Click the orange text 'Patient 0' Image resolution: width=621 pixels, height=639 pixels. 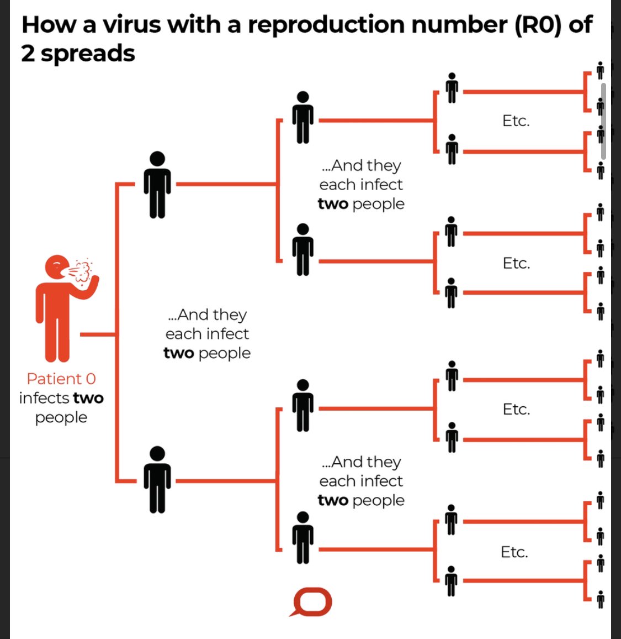pyautogui.click(x=61, y=379)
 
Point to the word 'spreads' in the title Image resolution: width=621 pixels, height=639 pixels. pyautogui.click(x=88, y=54)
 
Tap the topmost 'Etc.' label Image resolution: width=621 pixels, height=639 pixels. pyautogui.click(x=516, y=121)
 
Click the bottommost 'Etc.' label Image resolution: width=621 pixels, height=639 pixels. pyautogui.click(x=514, y=552)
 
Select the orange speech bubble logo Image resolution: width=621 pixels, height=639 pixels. pyautogui.click(x=312, y=602)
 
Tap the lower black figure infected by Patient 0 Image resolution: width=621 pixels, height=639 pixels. pyautogui.click(x=157, y=479)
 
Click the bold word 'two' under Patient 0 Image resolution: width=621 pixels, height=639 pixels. pyautogui.click(x=88, y=398)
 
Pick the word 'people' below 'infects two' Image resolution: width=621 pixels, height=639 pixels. pyautogui.click(x=61, y=417)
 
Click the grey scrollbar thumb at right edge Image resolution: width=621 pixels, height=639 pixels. pyautogui.click(x=603, y=121)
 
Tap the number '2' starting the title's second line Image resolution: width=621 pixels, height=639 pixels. pyautogui.click(x=28, y=54)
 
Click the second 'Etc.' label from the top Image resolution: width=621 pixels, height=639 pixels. pyautogui.click(x=516, y=263)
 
